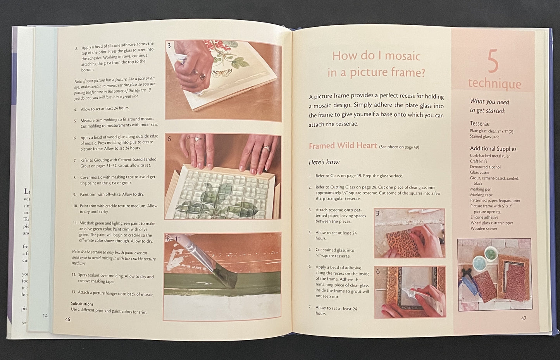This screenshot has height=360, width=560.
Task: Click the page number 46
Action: pyautogui.click(x=68, y=319)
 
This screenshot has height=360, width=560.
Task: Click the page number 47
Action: pyautogui.click(x=524, y=318)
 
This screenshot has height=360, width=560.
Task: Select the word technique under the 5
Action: pyautogui.click(x=495, y=84)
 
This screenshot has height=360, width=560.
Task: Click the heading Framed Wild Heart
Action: pyautogui.click(x=343, y=146)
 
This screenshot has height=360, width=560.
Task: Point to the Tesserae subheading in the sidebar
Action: pyautogui.click(x=479, y=124)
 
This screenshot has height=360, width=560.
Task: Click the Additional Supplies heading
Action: pyautogui.click(x=493, y=149)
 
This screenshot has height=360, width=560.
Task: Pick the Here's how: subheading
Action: pyautogui.click(x=324, y=162)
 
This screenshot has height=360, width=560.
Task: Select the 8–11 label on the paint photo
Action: pyautogui.click(x=174, y=239)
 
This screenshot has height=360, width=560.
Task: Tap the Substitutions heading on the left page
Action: pyautogui.click(x=82, y=304)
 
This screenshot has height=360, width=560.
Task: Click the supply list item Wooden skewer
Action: pyautogui.click(x=484, y=229)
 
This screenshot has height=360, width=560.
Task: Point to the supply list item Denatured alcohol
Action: pyautogui.click(x=485, y=167)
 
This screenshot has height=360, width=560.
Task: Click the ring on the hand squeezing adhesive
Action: pyautogui.click(x=202, y=76)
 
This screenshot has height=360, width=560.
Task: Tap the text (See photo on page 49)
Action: pyautogui.click(x=399, y=147)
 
